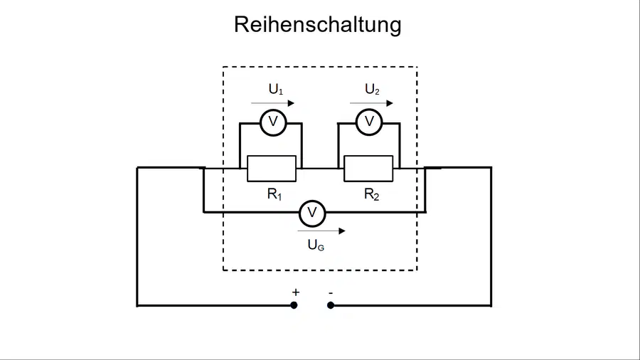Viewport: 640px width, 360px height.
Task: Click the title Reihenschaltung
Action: pos(318,24)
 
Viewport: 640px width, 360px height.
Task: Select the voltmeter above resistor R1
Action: pos(273,122)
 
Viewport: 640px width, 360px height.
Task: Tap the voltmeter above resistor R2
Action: pos(369,122)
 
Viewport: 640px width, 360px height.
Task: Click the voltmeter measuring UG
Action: pos(312,213)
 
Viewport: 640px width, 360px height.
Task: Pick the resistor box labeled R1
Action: pos(272,168)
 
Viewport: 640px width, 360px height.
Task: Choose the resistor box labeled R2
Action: pos(368,168)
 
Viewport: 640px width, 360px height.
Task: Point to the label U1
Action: pos(275,89)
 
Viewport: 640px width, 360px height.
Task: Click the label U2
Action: pos(372,89)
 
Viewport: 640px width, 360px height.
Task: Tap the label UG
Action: pos(316,245)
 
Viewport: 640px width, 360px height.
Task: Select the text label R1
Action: pos(274,194)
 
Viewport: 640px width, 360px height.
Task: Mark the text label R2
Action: pos(371,194)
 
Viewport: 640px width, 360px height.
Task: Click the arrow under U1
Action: pos(272,103)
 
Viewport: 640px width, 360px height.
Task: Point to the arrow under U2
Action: pos(371,103)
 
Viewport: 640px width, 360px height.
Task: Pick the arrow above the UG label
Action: pos(321,231)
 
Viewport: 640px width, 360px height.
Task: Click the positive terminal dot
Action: pos(294,305)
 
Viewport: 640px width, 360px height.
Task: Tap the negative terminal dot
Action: pos(331,305)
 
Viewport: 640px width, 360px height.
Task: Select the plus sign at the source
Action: pos(296,292)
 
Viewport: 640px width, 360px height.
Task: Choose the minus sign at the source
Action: pos(331,292)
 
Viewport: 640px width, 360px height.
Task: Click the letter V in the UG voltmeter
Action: pos(312,213)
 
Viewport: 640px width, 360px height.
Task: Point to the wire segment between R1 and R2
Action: pos(320,168)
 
